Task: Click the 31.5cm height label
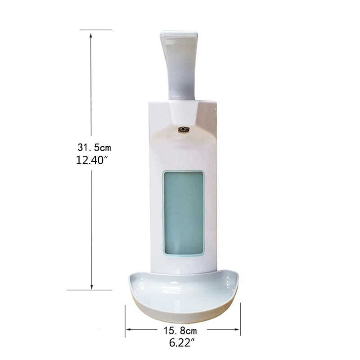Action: pos(93,147)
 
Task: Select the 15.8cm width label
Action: pos(183,330)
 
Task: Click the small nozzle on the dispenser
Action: pos(183,130)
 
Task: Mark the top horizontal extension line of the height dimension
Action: pos(96,30)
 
